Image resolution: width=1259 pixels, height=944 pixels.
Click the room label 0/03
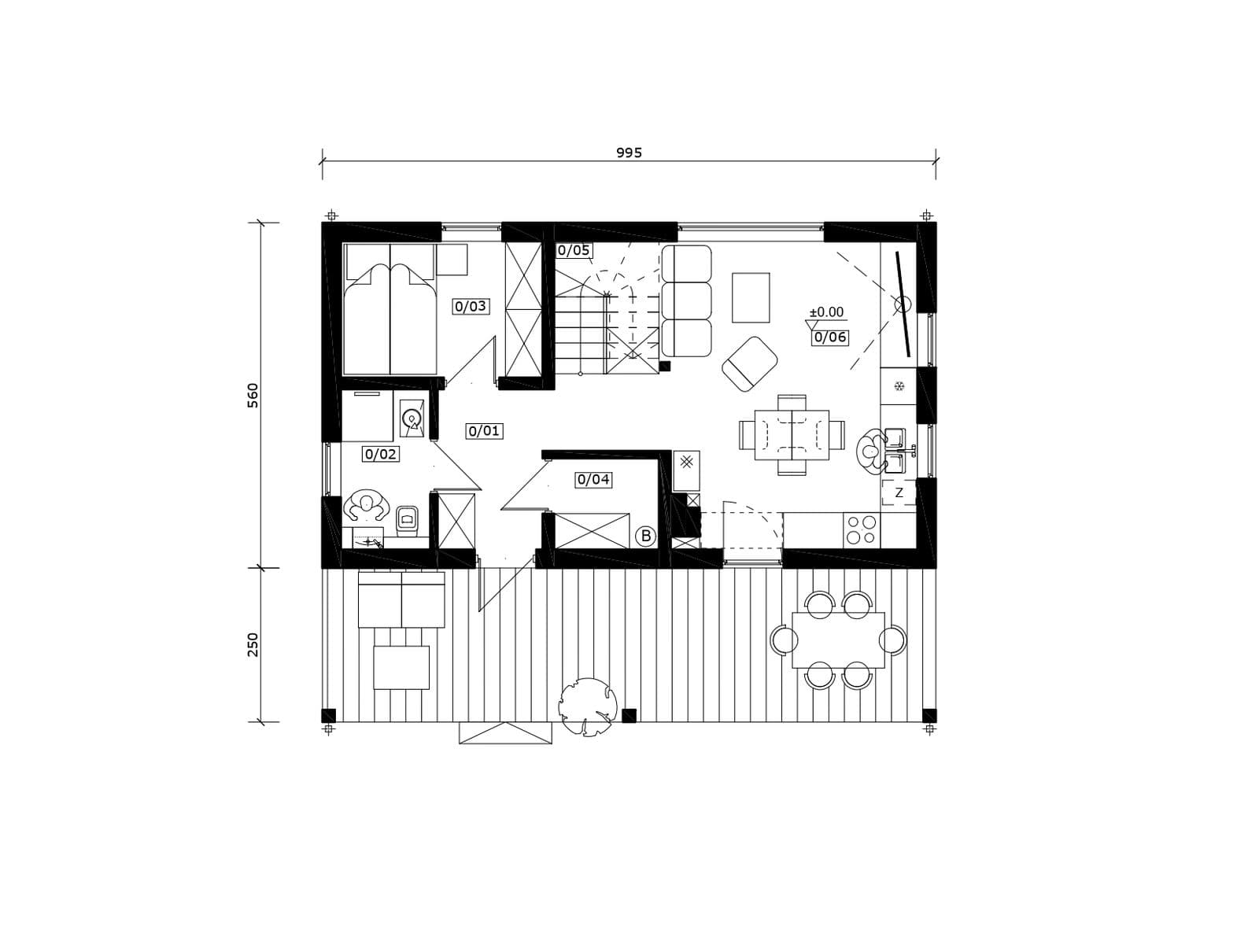[471, 307]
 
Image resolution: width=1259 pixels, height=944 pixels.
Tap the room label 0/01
[484, 431]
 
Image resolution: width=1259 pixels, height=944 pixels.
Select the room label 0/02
[381, 455]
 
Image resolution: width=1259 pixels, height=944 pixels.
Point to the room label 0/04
[593, 479]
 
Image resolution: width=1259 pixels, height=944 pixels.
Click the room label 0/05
[573, 250]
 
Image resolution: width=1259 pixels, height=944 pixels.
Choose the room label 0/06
[829, 337]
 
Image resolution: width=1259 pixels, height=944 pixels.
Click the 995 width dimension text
[629, 153]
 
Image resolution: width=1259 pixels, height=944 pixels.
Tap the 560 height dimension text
[253, 396]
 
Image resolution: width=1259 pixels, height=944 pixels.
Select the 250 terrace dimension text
[253, 645]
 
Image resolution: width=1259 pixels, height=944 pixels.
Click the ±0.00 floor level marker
[826, 312]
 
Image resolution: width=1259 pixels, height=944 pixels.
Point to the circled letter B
[646, 537]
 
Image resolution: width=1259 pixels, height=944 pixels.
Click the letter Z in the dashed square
[899, 492]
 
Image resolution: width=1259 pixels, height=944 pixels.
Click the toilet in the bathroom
[407, 521]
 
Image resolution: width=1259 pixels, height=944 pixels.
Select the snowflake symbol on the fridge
[899, 386]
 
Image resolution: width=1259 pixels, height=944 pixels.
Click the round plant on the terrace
[588, 706]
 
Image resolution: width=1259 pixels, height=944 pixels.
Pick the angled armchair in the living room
[749, 364]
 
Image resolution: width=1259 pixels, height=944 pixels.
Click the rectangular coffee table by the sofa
[750, 298]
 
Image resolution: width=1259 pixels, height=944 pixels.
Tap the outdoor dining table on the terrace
[838, 640]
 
